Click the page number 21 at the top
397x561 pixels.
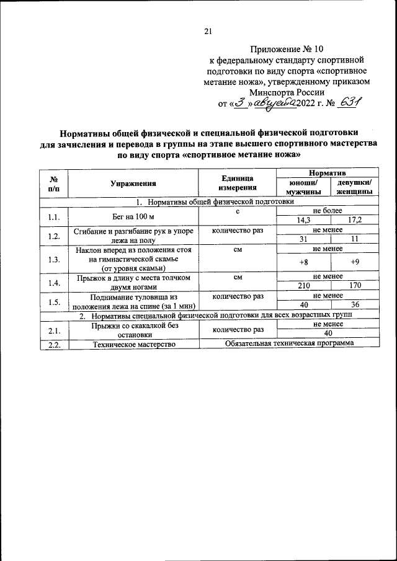tap(208, 32)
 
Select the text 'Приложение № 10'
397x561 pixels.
tap(287, 48)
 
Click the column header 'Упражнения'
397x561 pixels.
tap(133, 183)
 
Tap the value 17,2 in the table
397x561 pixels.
tap(355, 220)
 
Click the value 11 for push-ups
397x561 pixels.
tap(355, 240)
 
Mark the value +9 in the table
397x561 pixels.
tap(355, 262)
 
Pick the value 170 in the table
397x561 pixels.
tap(355, 286)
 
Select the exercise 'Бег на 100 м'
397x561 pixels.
tap(133, 216)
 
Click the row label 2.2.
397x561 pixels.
tap(54, 343)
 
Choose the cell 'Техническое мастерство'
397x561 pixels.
tap(133, 343)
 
